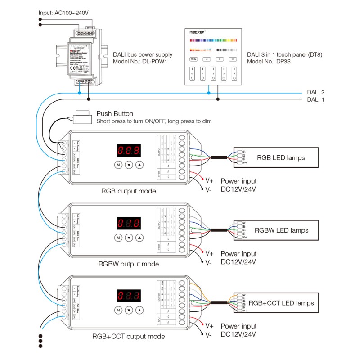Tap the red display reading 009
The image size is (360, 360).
129,150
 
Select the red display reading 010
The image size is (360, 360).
129,223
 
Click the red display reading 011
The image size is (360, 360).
129,296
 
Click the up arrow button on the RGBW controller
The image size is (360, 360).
139,238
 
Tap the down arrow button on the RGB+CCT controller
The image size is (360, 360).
129,310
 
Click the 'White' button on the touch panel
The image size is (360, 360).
194,59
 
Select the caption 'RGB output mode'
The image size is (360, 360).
129,191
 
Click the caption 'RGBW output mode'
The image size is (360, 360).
130,264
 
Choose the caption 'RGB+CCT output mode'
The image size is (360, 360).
129,336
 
